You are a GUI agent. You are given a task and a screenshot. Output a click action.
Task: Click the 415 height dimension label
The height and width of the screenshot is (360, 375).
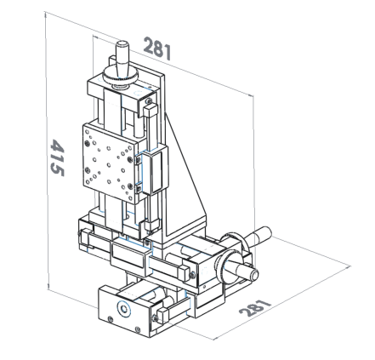click(57, 157)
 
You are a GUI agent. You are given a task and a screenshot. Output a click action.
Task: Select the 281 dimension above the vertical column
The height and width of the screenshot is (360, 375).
click(157, 49)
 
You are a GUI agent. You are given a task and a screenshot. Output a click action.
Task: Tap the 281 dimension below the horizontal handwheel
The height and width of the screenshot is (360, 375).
click(255, 307)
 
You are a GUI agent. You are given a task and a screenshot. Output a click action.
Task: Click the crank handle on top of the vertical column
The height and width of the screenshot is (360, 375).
click(122, 60)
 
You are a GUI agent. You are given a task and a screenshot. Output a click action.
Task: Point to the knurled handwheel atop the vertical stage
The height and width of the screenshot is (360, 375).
click(121, 76)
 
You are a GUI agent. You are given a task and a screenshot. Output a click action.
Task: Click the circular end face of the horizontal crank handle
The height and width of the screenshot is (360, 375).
click(254, 274)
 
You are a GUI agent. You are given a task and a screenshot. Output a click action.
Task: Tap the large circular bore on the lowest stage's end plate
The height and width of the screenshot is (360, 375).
click(123, 309)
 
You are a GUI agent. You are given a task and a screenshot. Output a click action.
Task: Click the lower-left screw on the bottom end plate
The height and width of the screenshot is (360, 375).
click(111, 320)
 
